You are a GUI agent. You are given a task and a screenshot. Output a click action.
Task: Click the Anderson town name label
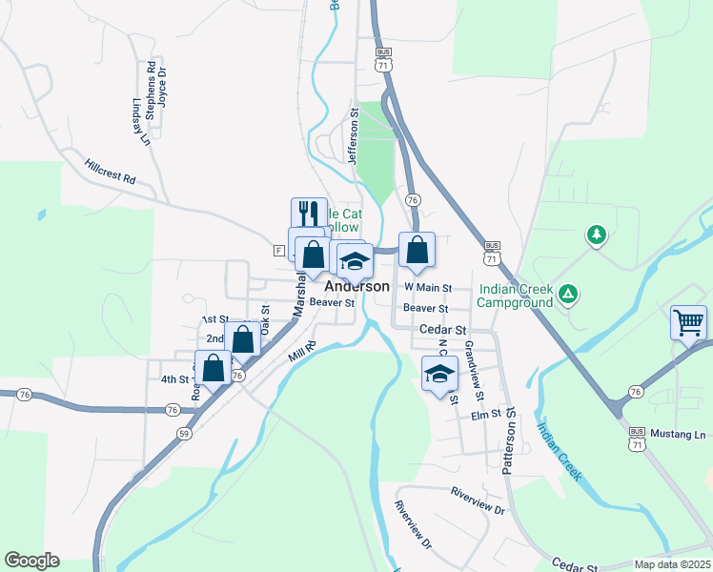[x=357, y=286]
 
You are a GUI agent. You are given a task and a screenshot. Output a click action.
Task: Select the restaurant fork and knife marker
[x=309, y=213]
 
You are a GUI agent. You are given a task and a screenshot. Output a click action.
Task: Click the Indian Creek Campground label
[x=516, y=296]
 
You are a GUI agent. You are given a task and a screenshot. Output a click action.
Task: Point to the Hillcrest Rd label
[x=110, y=172]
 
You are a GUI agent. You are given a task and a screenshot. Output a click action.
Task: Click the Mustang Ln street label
[x=679, y=435]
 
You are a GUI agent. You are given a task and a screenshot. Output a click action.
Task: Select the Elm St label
[x=485, y=415]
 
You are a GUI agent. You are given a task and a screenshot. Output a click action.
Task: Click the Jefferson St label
[x=353, y=135]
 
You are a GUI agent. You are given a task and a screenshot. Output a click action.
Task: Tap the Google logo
[x=31, y=561]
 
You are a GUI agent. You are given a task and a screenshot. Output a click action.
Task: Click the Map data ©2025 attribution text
[x=672, y=564]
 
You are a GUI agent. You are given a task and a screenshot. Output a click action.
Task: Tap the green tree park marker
[x=597, y=234]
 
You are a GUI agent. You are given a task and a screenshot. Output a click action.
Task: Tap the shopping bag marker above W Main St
[x=417, y=251]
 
